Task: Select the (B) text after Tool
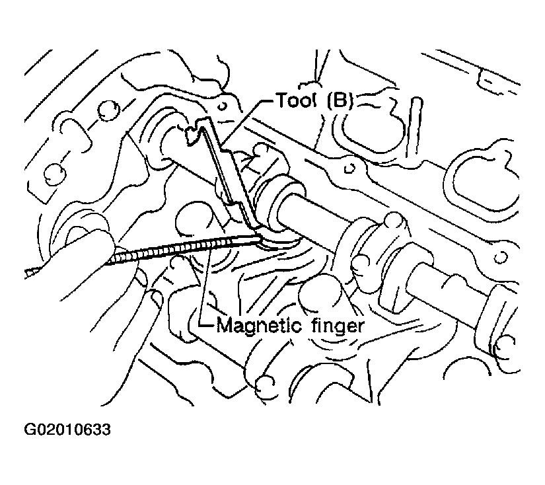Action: point(340,100)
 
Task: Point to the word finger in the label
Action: point(338,327)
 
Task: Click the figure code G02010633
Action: point(67,429)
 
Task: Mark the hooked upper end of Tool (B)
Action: point(195,130)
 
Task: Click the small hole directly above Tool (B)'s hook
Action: point(223,105)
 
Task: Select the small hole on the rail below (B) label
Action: point(349,168)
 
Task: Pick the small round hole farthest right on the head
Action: point(500,257)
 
